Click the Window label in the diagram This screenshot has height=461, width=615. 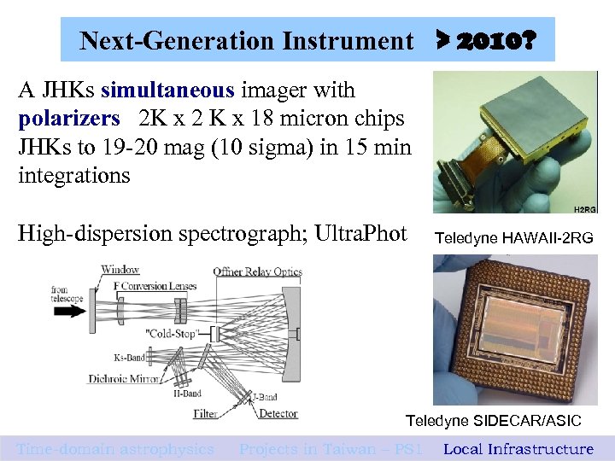point(120,271)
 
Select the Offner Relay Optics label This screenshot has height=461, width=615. point(257,271)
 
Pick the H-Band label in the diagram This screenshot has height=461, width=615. point(188,394)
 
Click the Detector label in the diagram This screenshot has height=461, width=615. point(278,414)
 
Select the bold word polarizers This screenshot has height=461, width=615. point(68,119)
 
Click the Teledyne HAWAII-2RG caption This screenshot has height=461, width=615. point(512,238)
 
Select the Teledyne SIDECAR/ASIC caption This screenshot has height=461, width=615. point(493,421)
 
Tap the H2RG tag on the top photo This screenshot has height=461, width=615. point(584,207)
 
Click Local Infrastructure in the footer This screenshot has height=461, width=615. point(518,449)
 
